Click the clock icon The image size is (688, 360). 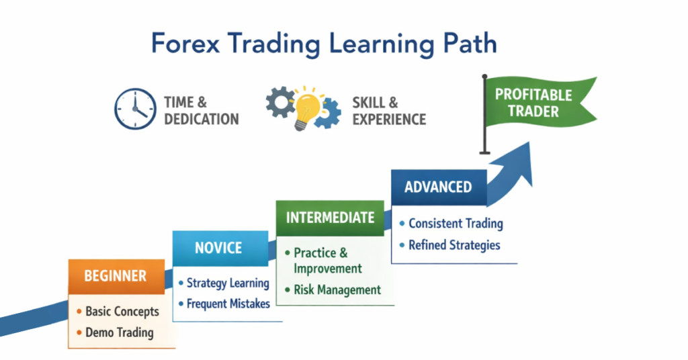[x=134, y=108]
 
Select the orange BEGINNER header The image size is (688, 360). [x=116, y=276]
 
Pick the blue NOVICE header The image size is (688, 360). [x=218, y=248]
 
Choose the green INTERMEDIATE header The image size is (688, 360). [x=330, y=218]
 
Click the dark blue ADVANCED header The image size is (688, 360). [x=438, y=187]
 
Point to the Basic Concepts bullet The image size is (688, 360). [x=122, y=312]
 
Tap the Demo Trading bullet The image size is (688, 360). [x=119, y=332]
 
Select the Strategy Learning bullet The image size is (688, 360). [x=227, y=283]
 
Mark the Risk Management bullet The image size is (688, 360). [x=337, y=290]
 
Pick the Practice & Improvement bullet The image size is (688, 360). [x=327, y=261]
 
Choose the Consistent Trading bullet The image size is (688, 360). [x=455, y=224]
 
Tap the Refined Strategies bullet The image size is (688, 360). [x=454, y=245]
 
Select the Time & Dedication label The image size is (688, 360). [x=201, y=111]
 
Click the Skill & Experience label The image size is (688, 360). [x=389, y=111]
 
